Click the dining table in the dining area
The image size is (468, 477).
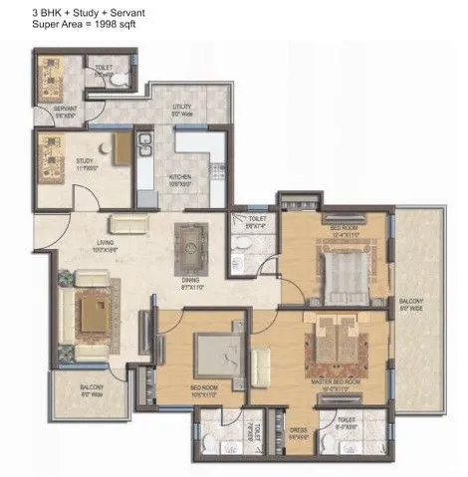pos(186,244)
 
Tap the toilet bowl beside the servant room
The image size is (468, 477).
pos(117,77)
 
